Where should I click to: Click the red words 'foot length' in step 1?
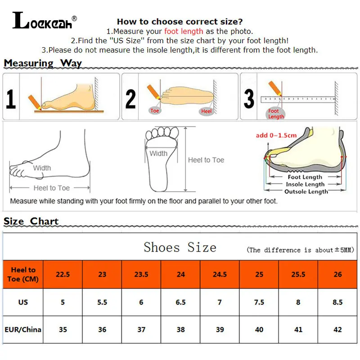(184, 31)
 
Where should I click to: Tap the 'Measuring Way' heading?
(43, 63)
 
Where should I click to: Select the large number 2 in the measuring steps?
(130, 99)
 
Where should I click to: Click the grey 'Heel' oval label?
(207, 111)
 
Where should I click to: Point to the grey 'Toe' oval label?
(155, 110)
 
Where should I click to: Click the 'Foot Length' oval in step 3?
(275, 114)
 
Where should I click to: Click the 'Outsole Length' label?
(306, 192)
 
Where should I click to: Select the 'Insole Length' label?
(306, 184)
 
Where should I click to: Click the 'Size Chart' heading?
(31, 221)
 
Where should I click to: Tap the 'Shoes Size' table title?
(180, 247)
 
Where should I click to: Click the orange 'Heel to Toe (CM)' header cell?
(23, 274)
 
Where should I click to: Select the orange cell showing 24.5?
(220, 274)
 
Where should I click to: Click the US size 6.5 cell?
(180, 302)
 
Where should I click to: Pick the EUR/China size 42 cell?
(337, 329)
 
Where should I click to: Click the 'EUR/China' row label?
(23, 329)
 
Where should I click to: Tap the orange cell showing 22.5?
(63, 274)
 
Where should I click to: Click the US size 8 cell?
(298, 302)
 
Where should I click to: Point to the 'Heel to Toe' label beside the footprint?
(206, 160)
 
